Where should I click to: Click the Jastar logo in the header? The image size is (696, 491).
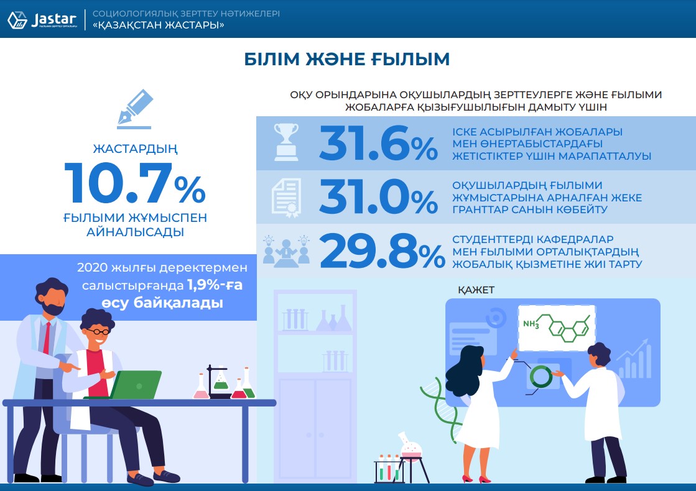[42, 19]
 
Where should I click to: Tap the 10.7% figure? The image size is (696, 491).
[135, 183]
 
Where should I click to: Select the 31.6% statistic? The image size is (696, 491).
[378, 143]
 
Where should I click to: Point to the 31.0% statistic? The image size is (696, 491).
[378, 196]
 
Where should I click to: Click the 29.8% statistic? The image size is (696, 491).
[382, 251]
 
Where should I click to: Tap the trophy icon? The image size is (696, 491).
[286, 142]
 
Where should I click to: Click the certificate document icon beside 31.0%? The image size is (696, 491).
[286, 198]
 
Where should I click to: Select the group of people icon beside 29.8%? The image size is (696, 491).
[286, 252]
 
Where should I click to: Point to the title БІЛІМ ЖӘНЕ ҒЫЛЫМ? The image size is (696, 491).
[347, 59]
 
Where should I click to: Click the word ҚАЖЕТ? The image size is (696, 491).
[476, 290]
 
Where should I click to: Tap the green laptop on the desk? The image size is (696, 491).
[136, 385]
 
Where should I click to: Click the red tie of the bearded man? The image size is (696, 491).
[47, 338]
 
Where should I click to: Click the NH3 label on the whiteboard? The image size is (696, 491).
[531, 324]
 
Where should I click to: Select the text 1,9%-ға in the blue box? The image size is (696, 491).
[215, 285]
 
